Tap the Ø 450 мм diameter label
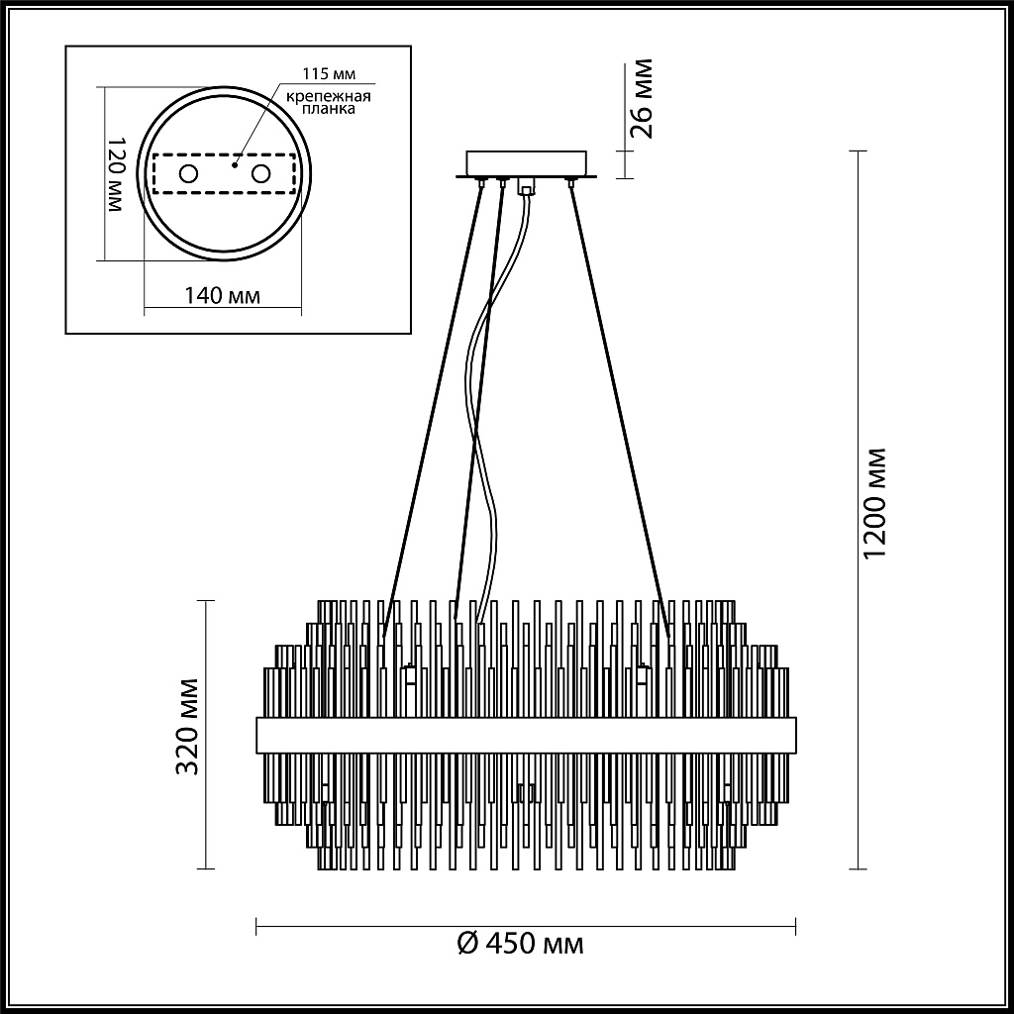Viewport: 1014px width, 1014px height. coord(521,944)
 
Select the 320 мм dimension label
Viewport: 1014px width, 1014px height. coord(190,726)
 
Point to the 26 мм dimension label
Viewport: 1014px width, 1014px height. coord(642,99)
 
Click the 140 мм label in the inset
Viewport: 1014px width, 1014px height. coord(223,296)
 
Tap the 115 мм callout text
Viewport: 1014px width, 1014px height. coord(330,75)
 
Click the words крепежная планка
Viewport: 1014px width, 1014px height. coord(329,103)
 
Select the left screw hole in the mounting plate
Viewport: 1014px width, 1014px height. coord(187,174)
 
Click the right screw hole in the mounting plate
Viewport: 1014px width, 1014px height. coord(261,174)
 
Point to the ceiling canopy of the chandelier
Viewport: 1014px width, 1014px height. coord(527,163)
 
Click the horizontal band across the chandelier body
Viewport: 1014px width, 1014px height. coord(526,734)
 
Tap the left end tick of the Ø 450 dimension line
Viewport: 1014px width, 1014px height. coord(257,926)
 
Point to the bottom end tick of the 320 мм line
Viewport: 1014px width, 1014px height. coord(205,867)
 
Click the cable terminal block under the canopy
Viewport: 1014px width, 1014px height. coord(526,185)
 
